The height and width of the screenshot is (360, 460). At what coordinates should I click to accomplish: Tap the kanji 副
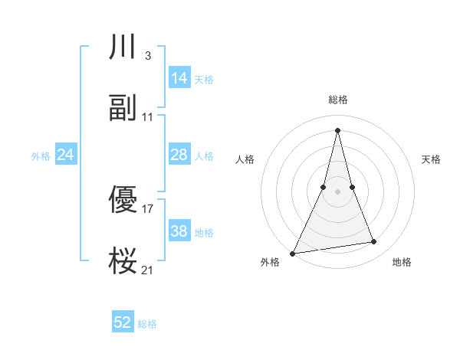pos(123,108)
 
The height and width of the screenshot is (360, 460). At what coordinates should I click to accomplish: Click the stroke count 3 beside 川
pos(147,56)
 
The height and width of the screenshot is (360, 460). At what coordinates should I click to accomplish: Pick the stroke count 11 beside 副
pos(148,117)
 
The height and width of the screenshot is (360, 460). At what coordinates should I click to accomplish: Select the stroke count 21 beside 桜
pos(148,270)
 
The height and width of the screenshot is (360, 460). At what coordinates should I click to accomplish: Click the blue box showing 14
pos(179,78)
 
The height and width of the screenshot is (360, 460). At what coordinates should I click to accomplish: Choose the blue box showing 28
pos(179,155)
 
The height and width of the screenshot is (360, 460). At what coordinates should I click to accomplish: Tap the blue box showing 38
pos(179,231)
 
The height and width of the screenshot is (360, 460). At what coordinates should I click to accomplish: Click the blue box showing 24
pos(66,155)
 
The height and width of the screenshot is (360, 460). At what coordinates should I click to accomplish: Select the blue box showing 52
pos(123,322)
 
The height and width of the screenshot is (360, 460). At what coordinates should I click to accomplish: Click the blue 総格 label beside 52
pos(147,324)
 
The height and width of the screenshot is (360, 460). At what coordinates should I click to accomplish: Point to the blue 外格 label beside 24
pos(41,156)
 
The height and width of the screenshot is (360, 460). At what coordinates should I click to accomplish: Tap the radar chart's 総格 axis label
pos(337,100)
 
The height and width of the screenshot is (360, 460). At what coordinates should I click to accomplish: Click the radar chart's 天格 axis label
pos(432,159)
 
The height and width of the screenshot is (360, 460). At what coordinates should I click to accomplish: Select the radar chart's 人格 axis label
pos(245,159)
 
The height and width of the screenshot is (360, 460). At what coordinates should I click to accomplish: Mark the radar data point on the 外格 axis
pos(293,254)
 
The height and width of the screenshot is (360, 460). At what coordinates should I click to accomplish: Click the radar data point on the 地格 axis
pos(374,242)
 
